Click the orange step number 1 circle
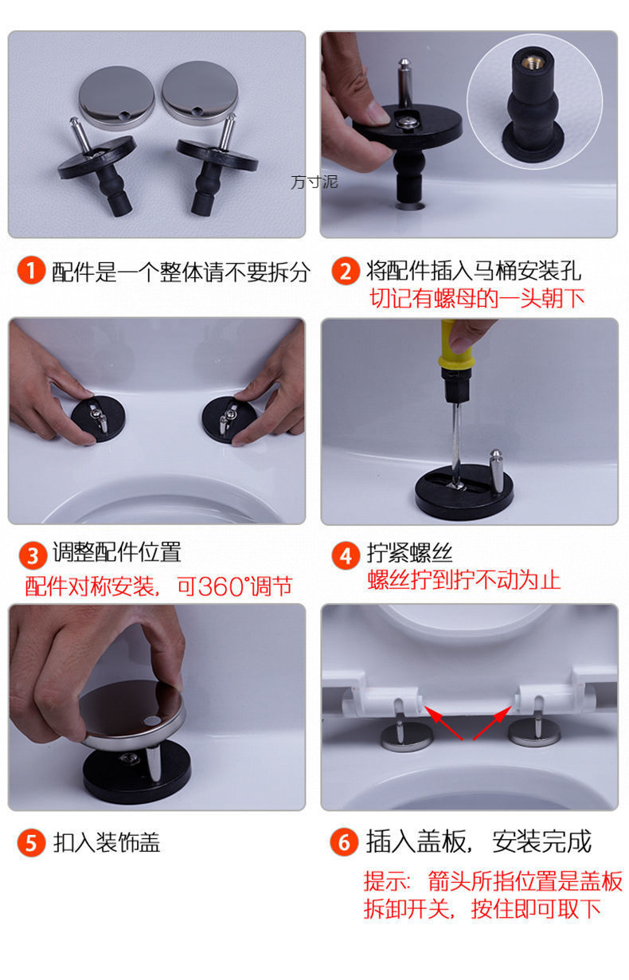pyautogui.click(x=31, y=271)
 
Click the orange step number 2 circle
pyautogui.click(x=346, y=271)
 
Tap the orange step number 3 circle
pyautogui.click(x=33, y=555)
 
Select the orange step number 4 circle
pyautogui.click(x=346, y=555)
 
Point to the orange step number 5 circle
pyautogui.click(x=31, y=843)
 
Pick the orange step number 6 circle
pyautogui.click(x=344, y=841)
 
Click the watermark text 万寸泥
pyautogui.click(x=314, y=182)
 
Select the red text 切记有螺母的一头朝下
pyautogui.click(x=477, y=299)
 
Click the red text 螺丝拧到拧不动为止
pyautogui.click(x=463, y=580)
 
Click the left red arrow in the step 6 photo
pyautogui.click(x=443, y=723)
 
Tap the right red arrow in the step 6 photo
pyautogui.click(x=493, y=723)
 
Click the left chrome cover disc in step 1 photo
pyautogui.click(x=117, y=97)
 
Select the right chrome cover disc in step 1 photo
pyautogui.click(x=200, y=92)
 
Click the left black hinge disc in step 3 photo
pyautogui.click(x=99, y=418)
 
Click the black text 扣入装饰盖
pyautogui.click(x=107, y=843)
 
